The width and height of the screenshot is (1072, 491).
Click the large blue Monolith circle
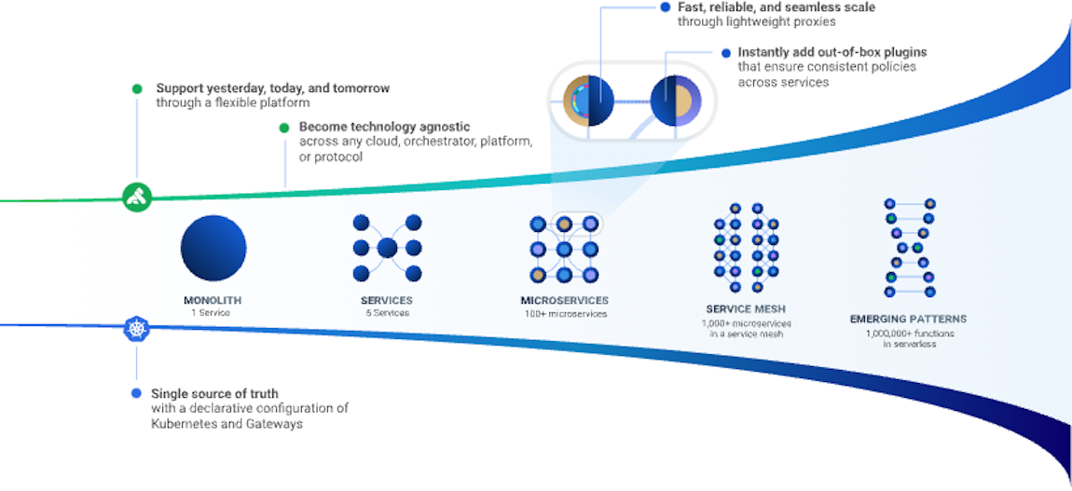pos(213,249)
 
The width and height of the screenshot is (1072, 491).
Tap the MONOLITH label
pos(213,301)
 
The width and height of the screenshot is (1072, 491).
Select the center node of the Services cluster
pos(387,248)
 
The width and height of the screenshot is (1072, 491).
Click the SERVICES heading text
pos(386,301)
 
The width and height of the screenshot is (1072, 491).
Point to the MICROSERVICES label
pos(564,301)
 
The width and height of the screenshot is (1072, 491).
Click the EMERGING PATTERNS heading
pos(908,320)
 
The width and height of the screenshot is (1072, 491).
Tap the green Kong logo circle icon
pos(137,197)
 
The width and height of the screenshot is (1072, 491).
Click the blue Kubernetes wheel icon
pos(137,329)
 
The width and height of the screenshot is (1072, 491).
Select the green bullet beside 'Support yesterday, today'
pos(137,89)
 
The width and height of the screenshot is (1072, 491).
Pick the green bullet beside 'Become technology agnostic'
pos(284,128)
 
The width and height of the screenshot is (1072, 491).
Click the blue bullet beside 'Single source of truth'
pos(137,393)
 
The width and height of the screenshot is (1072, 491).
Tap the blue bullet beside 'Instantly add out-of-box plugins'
pos(725,53)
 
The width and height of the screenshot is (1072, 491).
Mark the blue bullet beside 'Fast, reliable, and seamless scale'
pos(665,7)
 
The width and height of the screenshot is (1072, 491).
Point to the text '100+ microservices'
pos(565,314)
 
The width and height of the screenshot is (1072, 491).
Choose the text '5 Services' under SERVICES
pos(386,313)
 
